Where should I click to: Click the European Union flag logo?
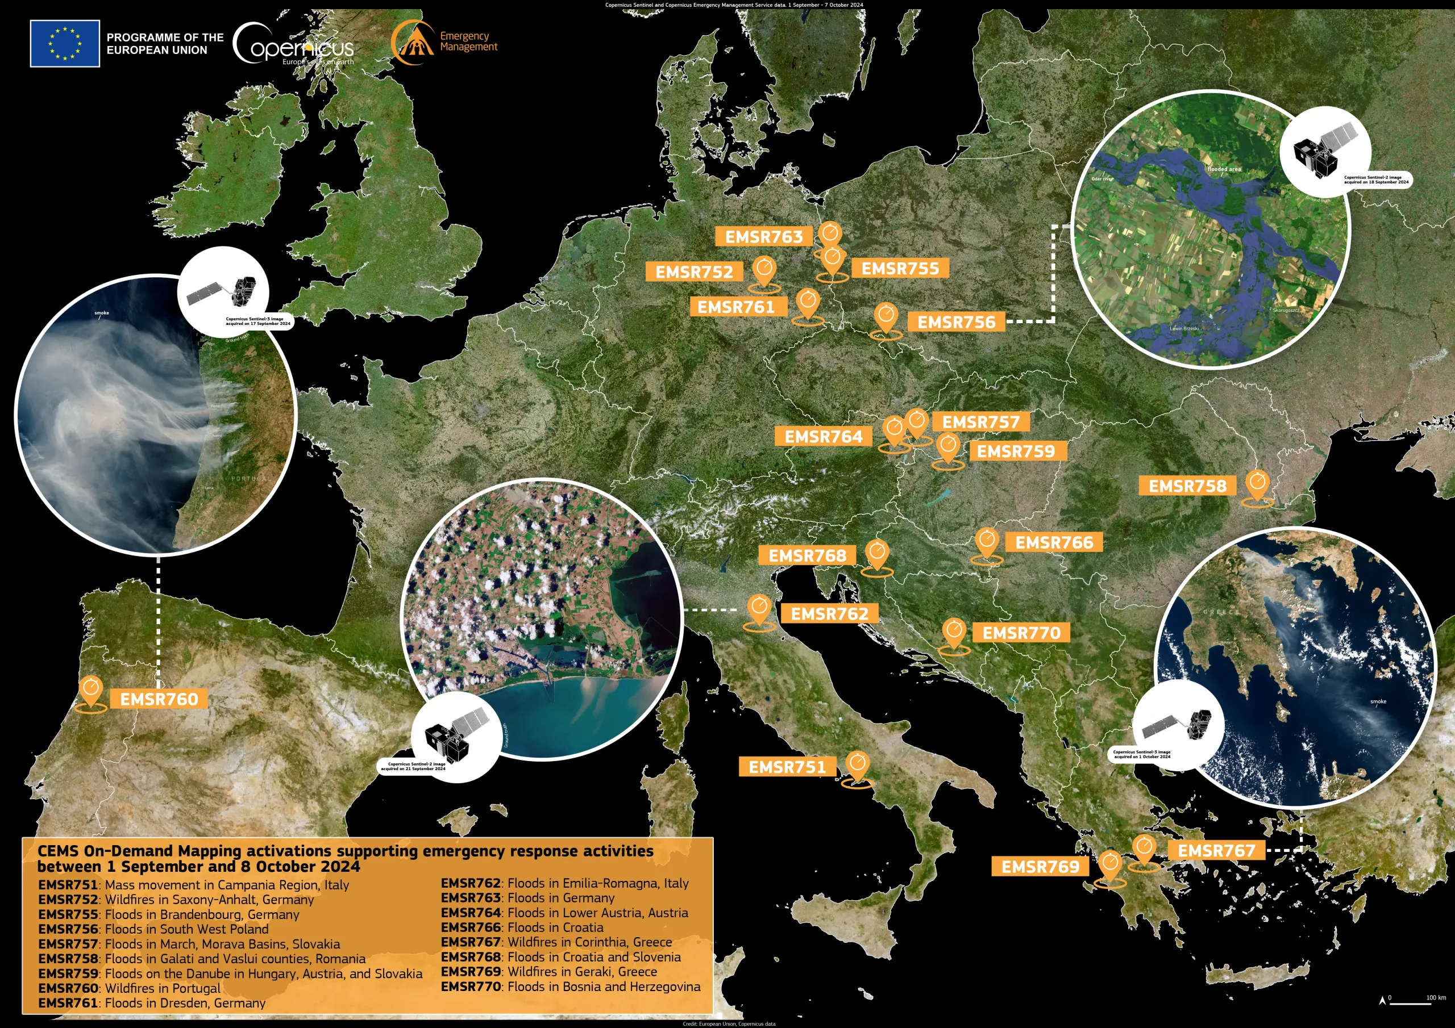coord(65,43)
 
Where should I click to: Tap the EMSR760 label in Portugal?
coord(159,699)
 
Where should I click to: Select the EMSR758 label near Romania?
coord(1187,486)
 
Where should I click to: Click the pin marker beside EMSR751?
coord(857,765)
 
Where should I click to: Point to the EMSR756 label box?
coord(957,322)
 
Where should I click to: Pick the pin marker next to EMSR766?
coord(987,542)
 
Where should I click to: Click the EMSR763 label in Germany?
coord(764,236)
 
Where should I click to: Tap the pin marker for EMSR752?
coord(764,271)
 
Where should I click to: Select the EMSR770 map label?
coord(1021,633)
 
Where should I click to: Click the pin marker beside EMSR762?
coord(759,609)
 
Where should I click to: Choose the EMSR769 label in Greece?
coord(1040,867)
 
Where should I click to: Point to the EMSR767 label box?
coord(1216,850)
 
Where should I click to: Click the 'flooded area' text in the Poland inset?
coord(1224,169)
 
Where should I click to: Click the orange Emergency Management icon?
coord(412,43)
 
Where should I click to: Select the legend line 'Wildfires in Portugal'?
coord(129,988)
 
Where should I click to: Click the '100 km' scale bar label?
coord(1435,997)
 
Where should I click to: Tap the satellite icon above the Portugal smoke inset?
coord(223,292)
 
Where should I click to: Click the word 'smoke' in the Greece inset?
coord(1378,702)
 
